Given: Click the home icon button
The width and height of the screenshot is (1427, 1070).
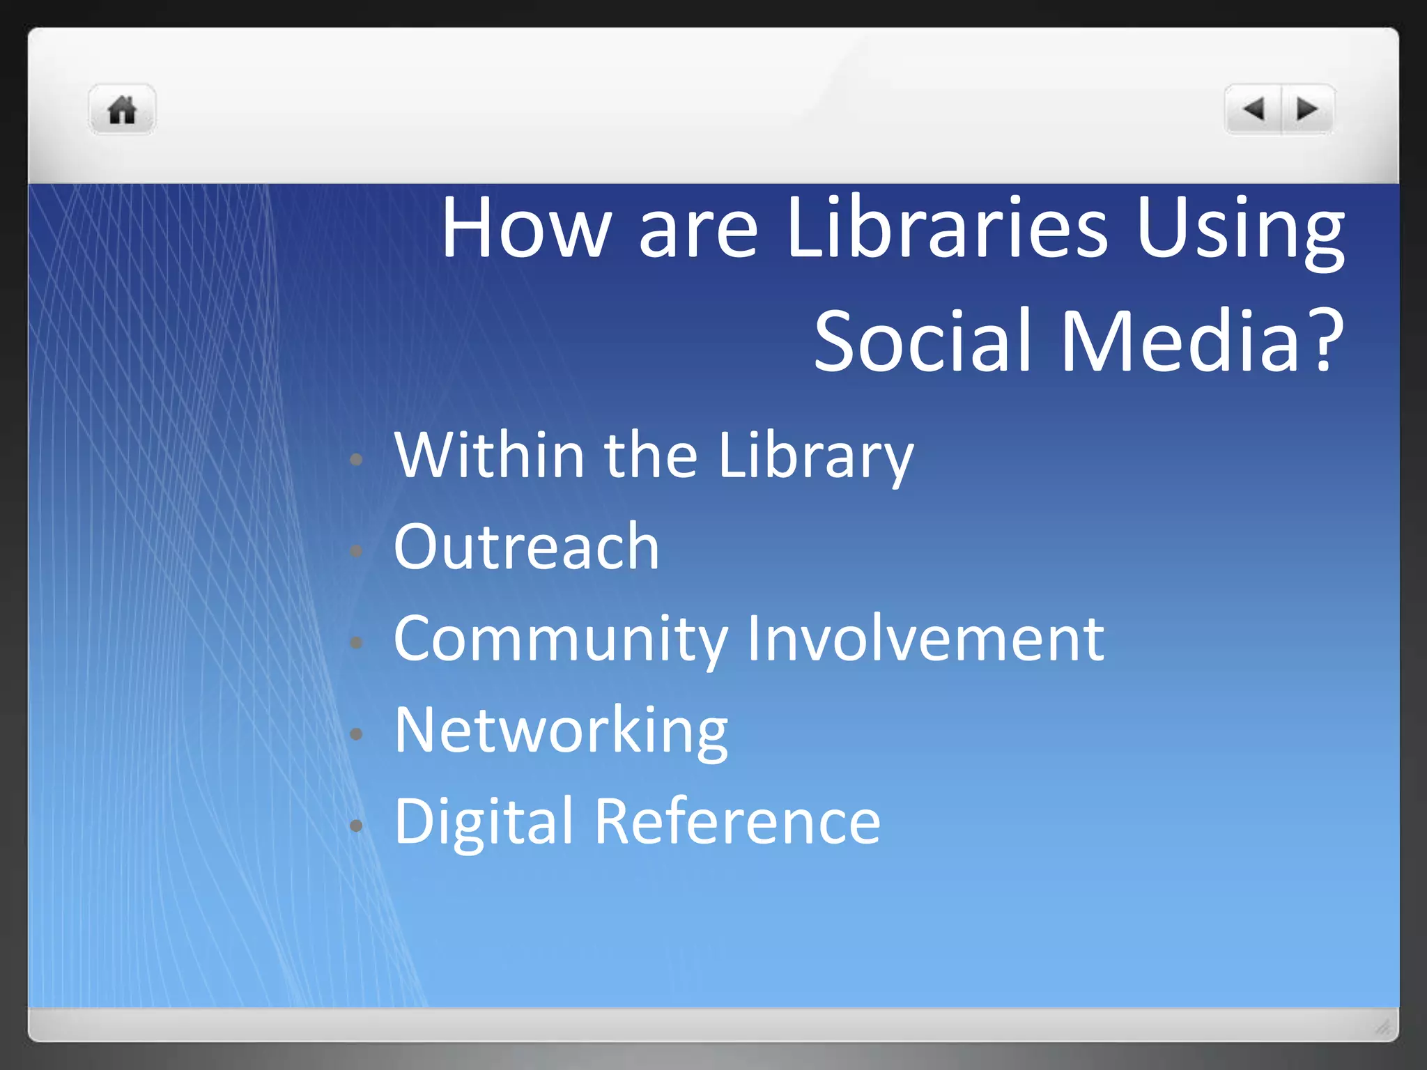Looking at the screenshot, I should click(122, 110).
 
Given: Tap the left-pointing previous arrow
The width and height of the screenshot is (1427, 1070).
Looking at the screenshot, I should click(1254, 109).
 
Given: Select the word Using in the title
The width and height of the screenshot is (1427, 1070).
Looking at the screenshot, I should click(1240, 230).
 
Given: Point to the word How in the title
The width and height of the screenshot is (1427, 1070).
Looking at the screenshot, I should click(526, 228).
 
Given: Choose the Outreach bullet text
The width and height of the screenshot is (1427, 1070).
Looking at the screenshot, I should click(526, 547).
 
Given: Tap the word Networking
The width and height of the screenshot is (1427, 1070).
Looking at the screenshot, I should click(561, 731).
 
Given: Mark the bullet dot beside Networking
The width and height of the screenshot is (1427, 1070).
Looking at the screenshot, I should click(356, 734).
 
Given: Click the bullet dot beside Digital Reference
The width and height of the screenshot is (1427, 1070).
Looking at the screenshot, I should click(356, 825).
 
